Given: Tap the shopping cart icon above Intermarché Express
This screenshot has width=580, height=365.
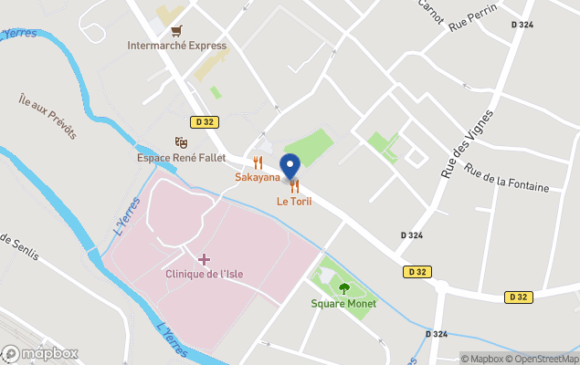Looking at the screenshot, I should pyautogui.click(x=176, y=29).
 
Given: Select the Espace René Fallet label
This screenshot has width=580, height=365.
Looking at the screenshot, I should pyautogui.click(x=181, y=157).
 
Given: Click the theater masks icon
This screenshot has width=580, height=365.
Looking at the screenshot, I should pyautogui.click(x=181, y=142).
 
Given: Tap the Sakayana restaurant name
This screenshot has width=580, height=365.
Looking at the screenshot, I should pyautogui.click(x=257, y=176).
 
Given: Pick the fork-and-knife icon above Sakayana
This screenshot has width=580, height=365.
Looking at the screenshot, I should pyautogui.click(x=258, y=162).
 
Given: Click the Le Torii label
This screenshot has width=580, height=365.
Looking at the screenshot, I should pyautogui.click(x=294, y=201).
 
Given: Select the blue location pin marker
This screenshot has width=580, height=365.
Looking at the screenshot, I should pyautogui.click(x=290, y=167).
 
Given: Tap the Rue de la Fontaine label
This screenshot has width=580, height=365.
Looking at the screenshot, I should pyautogui.click(x=507, y=176).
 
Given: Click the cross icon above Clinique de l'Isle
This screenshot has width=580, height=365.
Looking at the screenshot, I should pyautogui.click(x=204, y=260).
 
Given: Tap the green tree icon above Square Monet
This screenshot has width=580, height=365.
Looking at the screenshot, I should pyautogui.click(x=344, y=288).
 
